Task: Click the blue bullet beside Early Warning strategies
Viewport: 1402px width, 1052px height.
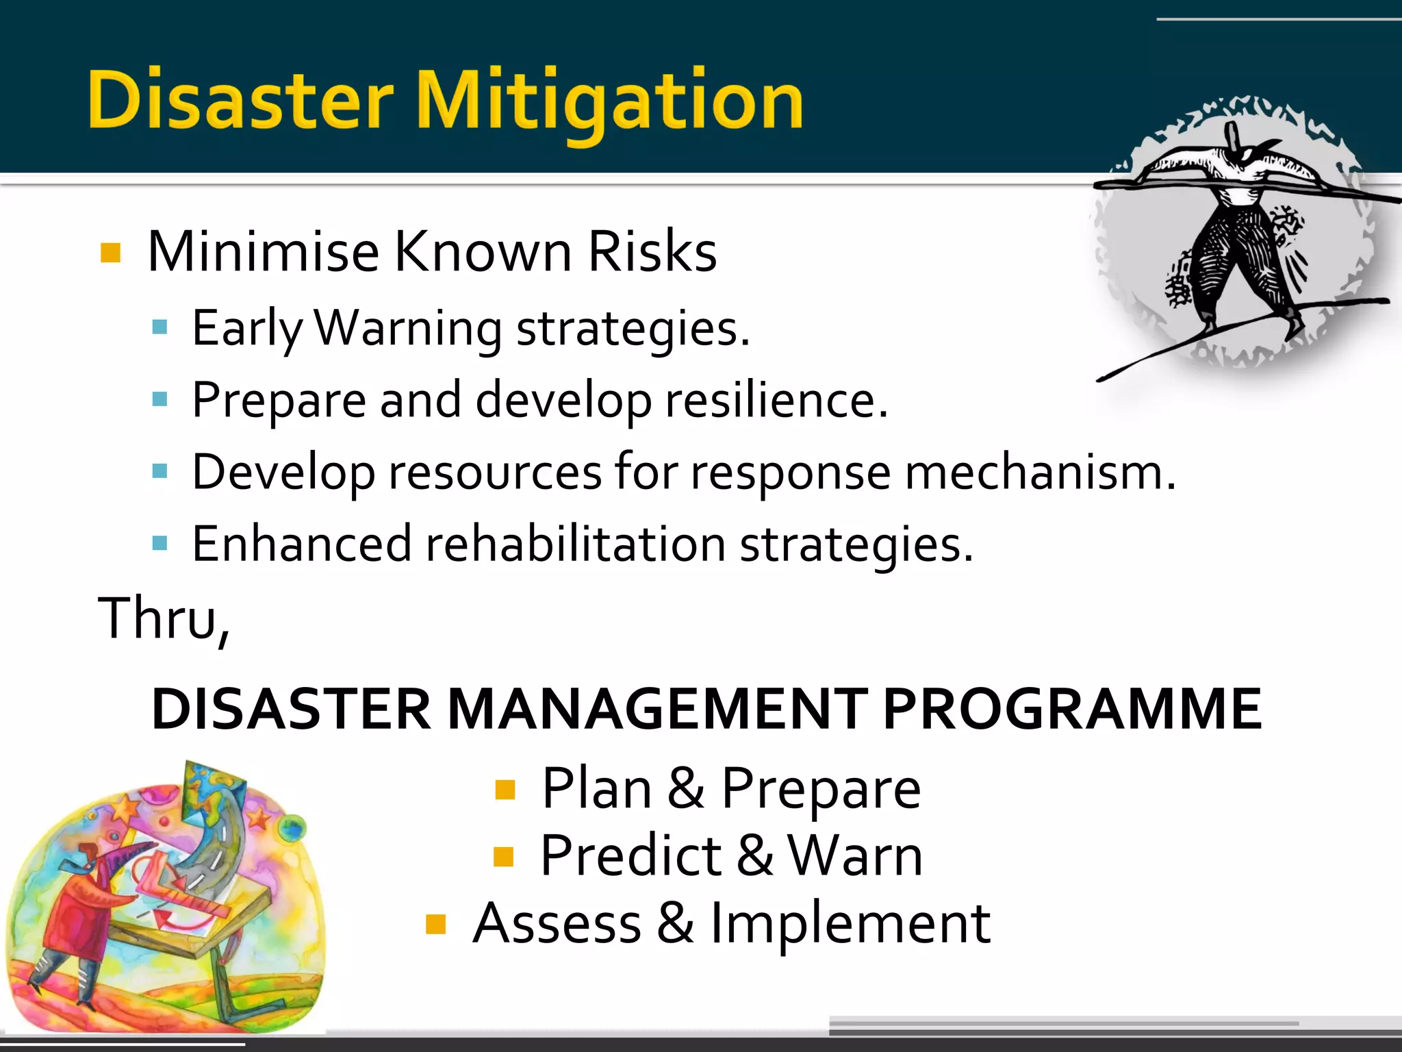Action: (160, 327)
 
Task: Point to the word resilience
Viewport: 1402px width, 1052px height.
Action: (776, 400)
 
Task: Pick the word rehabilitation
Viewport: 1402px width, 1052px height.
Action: (575, 544)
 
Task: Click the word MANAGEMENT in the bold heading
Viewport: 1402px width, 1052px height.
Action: (657, 709)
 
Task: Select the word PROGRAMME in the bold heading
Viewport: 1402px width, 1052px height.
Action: (1072, 709)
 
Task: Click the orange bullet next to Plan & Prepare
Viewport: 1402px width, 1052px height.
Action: (505, 790)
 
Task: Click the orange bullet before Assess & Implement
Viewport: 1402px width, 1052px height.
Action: (435, 925)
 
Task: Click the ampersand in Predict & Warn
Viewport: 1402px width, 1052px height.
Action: (754, 856)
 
